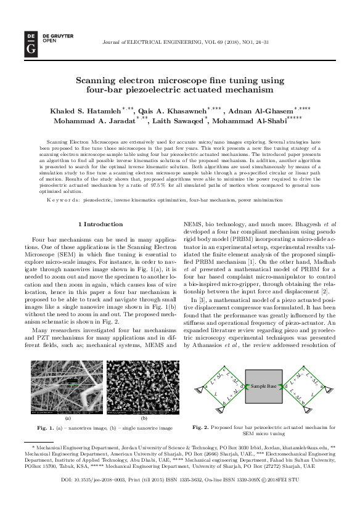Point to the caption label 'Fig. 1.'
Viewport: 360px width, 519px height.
[45, 427]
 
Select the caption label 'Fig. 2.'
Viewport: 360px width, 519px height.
[201, 427]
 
